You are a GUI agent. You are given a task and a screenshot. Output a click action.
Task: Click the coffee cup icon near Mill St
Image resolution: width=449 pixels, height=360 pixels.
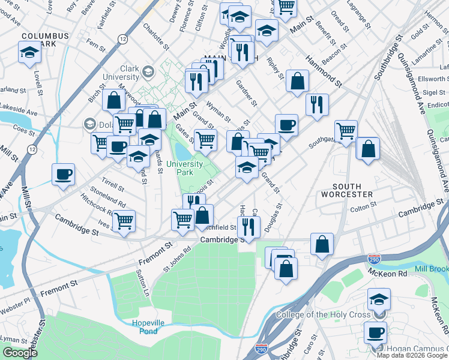[x=63, y=175]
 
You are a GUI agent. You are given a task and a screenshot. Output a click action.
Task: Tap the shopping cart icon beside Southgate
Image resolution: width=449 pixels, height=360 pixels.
[x=346, y=130]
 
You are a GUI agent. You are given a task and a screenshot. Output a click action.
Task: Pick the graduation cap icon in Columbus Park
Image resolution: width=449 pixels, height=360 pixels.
[x=28, y=53]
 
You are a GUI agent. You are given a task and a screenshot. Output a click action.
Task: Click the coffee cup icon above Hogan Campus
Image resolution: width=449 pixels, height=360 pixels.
[x=376, y=331]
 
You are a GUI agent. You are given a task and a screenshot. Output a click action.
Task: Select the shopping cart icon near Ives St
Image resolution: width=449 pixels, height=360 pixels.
[x=124, y=220]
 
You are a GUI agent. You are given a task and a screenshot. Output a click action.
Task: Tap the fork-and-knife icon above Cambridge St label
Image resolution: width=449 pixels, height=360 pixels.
[x=247, y=226]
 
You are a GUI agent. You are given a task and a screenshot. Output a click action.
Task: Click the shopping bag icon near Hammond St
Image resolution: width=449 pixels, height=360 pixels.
[x=297, y=80]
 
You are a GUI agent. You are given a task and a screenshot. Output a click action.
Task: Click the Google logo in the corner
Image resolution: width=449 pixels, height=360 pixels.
[x=20, y=353]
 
